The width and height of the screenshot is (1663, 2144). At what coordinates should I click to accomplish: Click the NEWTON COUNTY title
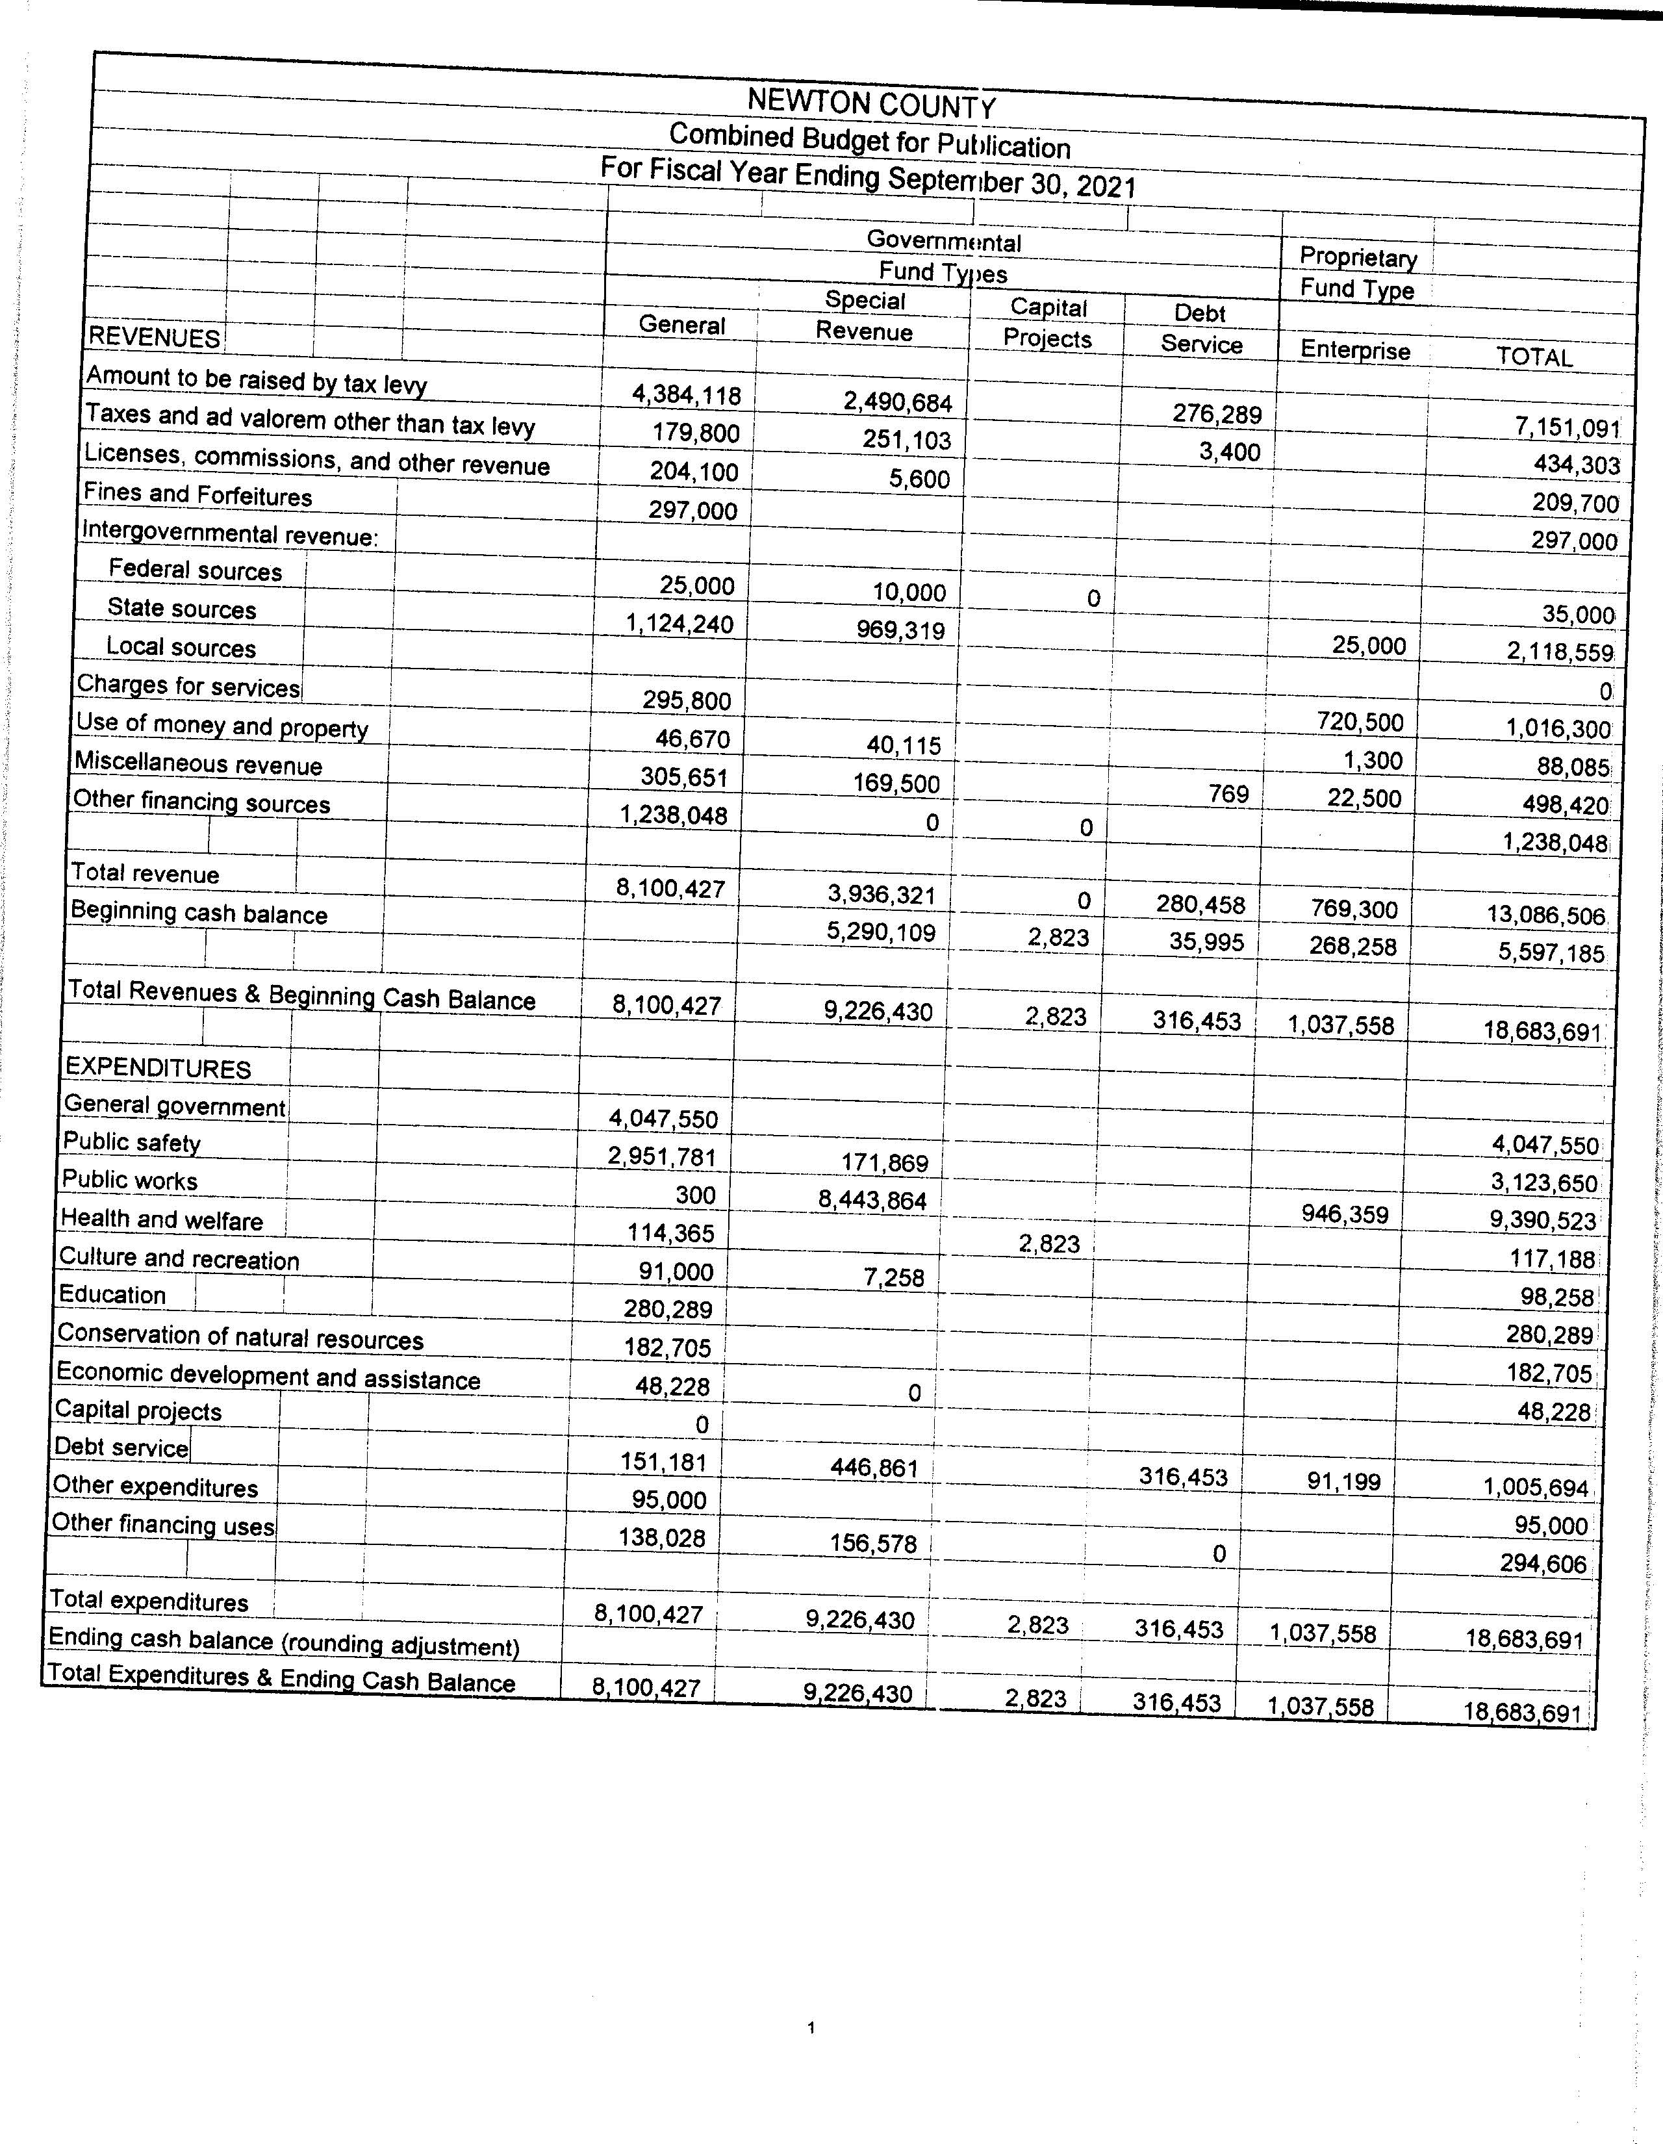[870, 104]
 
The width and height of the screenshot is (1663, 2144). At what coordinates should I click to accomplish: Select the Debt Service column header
[1200, 329]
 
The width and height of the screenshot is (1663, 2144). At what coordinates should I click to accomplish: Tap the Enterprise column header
[1354, 350]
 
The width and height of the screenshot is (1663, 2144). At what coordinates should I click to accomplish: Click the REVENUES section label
[154, 338]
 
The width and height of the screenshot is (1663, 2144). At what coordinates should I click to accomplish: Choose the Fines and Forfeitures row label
[197, 495]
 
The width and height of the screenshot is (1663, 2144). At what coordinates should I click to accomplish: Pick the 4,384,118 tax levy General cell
[686, 394]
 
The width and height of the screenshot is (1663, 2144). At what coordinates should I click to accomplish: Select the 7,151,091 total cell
[1567, 428]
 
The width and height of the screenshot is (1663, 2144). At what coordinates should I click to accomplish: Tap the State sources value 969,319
[900, 630]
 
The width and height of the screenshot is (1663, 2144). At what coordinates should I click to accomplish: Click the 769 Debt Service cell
[1228, 794]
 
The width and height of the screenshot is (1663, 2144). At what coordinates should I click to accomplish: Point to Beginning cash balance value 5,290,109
[881, 932]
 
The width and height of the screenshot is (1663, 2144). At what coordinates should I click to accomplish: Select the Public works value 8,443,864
[872, 1199]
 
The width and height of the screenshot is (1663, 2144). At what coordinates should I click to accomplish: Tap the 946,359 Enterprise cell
[1344, 1214]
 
